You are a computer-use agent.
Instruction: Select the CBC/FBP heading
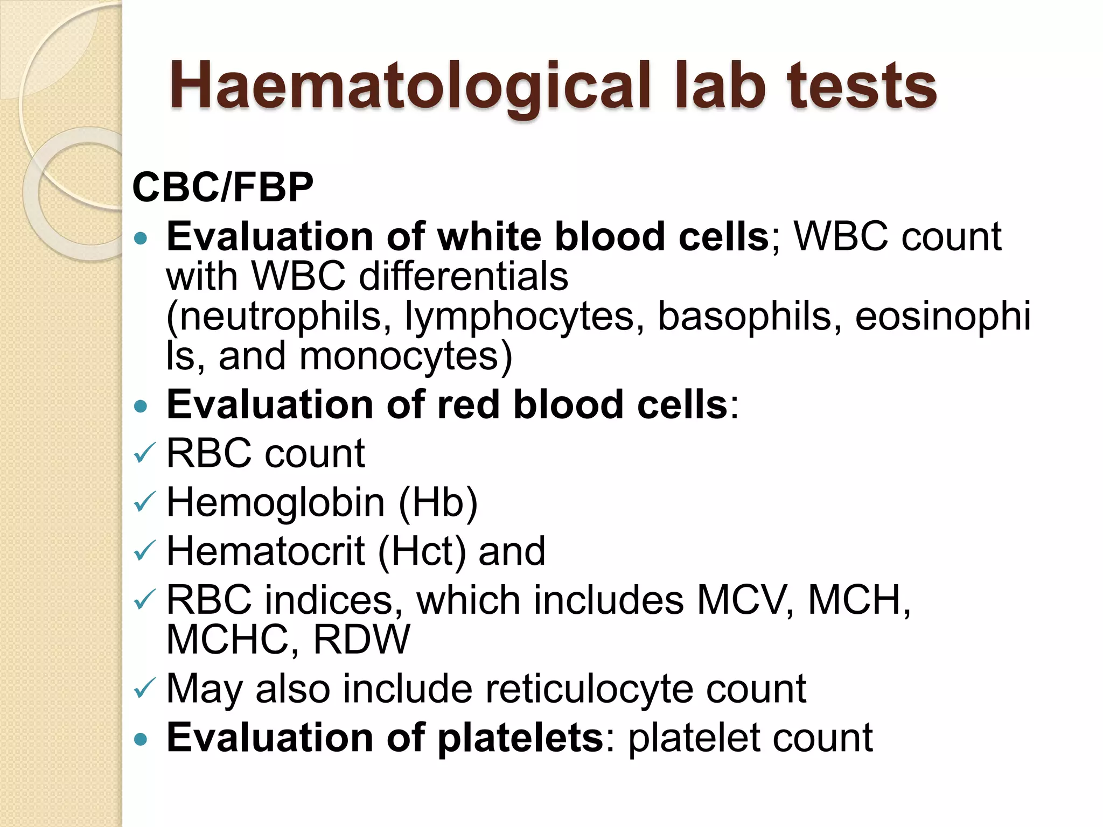[222, 188]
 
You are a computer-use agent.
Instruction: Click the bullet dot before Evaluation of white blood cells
[141, 238]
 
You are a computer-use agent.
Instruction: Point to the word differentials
[463, 277]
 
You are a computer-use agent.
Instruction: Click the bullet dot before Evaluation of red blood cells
[141, 406]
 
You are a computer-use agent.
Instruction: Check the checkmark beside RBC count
[144, 453]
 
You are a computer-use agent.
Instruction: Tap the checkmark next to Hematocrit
[144, 551]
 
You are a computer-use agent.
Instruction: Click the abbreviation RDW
[361, 640]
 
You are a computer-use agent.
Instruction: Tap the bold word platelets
[520, 738]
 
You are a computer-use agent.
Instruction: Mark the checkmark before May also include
[144, 689]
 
